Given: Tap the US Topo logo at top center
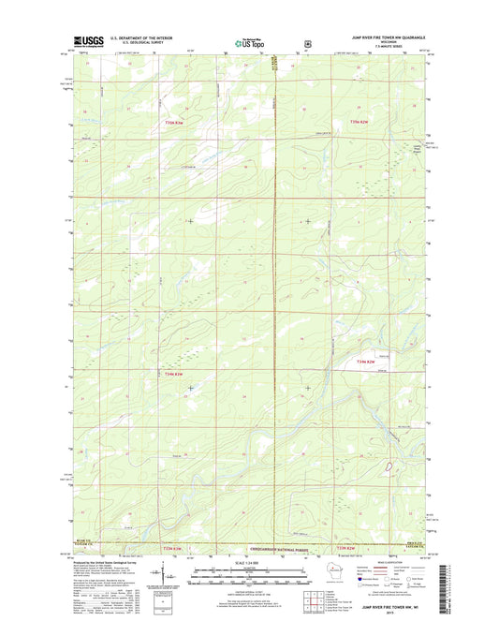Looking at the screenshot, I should [x=242, y=42].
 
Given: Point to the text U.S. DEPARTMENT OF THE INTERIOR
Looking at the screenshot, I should [x=141, y=38].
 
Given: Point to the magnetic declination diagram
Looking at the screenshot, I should [x=164, y=572].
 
